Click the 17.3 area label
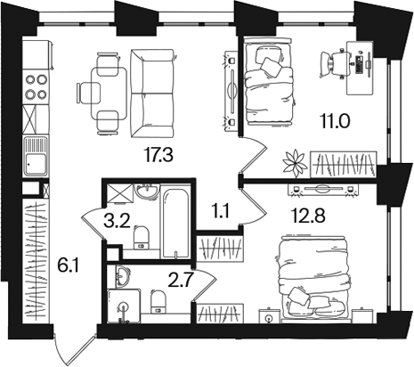click(158, 155)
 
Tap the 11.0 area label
click(335, 121)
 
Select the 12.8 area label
click(308, 215)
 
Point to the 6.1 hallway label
click(68, 265)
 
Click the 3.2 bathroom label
click(118, 221)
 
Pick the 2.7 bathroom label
click(181, 281)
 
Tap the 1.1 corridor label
click(220, 212)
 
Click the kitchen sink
click(36, 156)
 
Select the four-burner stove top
click(36, 87)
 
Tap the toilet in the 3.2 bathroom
click(142, 237)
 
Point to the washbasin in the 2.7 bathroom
click(122, 276)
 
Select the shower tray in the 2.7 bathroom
click(124, 306)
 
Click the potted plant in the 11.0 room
click(295, 162)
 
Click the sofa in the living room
click(152, 94)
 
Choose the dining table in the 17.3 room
click(109, 93)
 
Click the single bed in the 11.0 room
click(269, 81)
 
